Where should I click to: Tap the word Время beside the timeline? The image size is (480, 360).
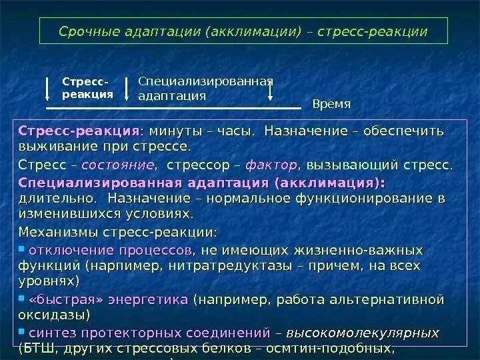click(331, 105)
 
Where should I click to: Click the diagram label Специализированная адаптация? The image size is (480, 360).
click(205, 88)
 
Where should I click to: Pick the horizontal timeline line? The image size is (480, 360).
click(173, 107)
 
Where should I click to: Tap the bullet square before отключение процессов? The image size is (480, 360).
click(22, 250)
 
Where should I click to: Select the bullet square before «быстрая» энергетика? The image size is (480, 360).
click(22, 299)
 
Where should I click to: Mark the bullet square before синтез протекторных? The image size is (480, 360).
click(22, 331)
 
